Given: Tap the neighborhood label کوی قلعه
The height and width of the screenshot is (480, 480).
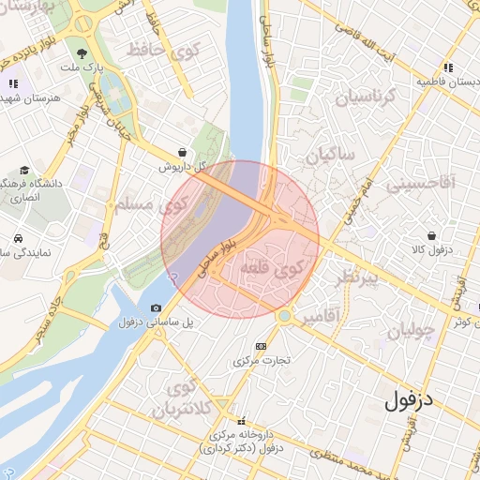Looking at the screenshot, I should pyautogui.click(x=273, y=268).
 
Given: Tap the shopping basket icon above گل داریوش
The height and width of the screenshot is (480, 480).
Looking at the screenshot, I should pyautogui.click(x=181, y=152).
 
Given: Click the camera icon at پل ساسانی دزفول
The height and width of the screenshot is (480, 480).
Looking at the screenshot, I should pyautogui.click(x=156, y=307).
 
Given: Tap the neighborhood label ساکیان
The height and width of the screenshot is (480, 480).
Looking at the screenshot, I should pyautogui.click(x=323, y=155).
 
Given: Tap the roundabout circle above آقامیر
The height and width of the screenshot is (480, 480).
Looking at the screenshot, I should pyautogui.click(x=284, y=316).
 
